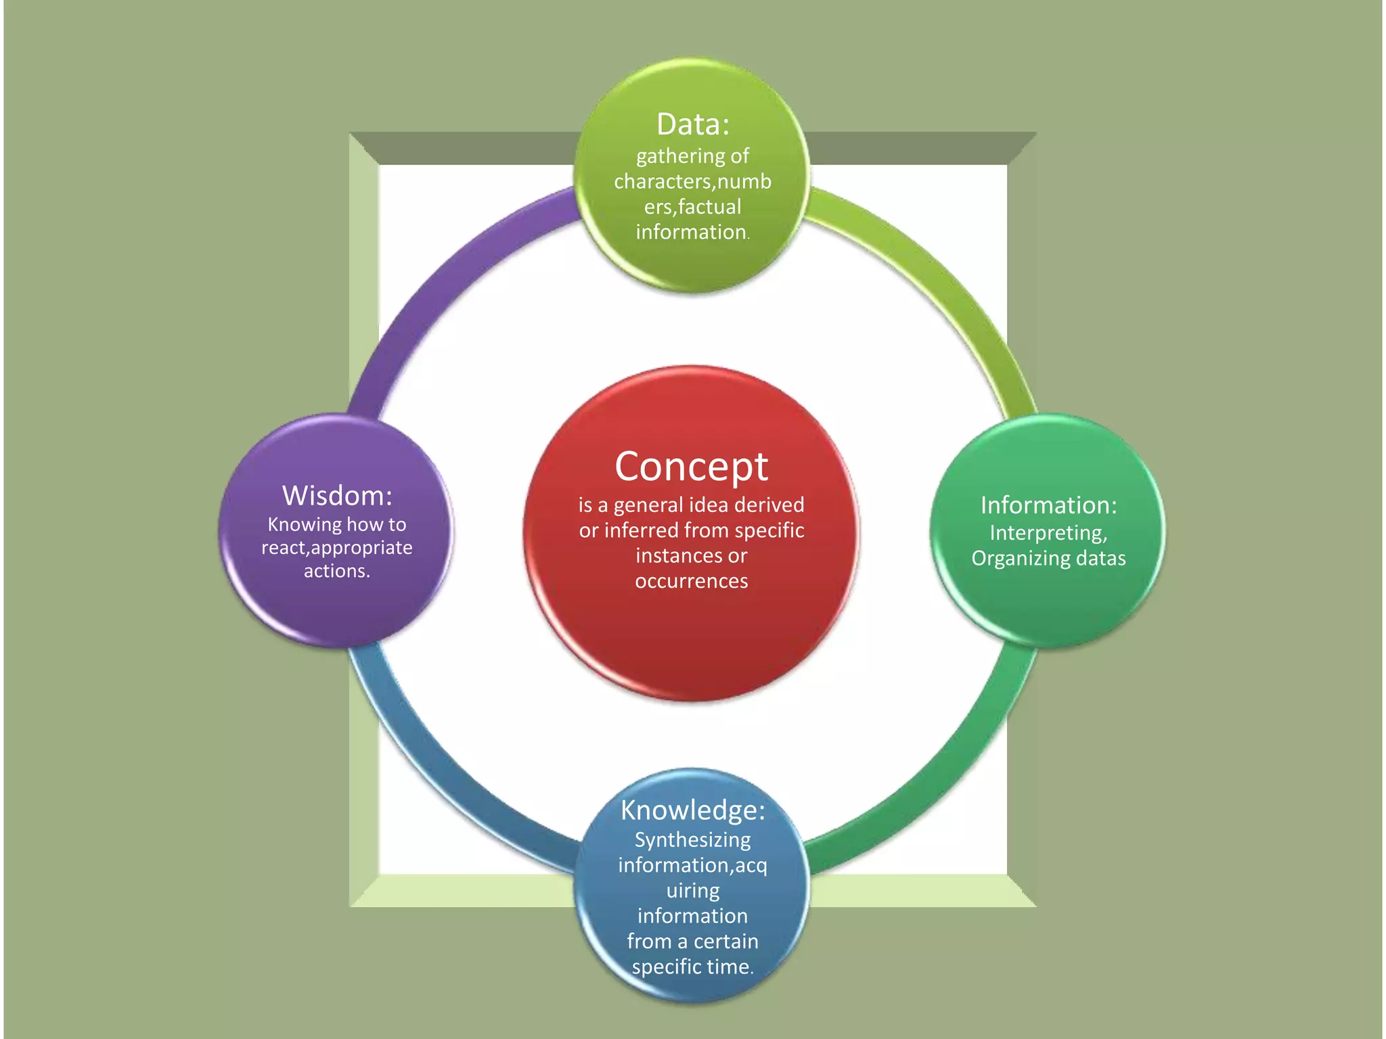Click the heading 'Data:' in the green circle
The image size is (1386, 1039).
click(x=692, y=124)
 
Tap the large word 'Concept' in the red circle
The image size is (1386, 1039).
click(x=691, y=467)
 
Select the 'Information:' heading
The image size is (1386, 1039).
click(x=1048, y=505)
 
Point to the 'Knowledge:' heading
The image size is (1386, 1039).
click(x=692, y=810)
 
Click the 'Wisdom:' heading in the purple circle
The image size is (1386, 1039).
click(x=337, y=496)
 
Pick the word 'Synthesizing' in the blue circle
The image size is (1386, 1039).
click(x=692, y=840)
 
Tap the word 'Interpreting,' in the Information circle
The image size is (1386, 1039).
click(x=1048, y=533)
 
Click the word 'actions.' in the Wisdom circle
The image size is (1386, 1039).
click(x=337, y=571)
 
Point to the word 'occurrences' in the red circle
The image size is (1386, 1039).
click(x=691, y=581)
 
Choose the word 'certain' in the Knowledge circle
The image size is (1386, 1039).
click(x=725, y=941)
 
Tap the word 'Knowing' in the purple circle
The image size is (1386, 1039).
click(x=305, y=525)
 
